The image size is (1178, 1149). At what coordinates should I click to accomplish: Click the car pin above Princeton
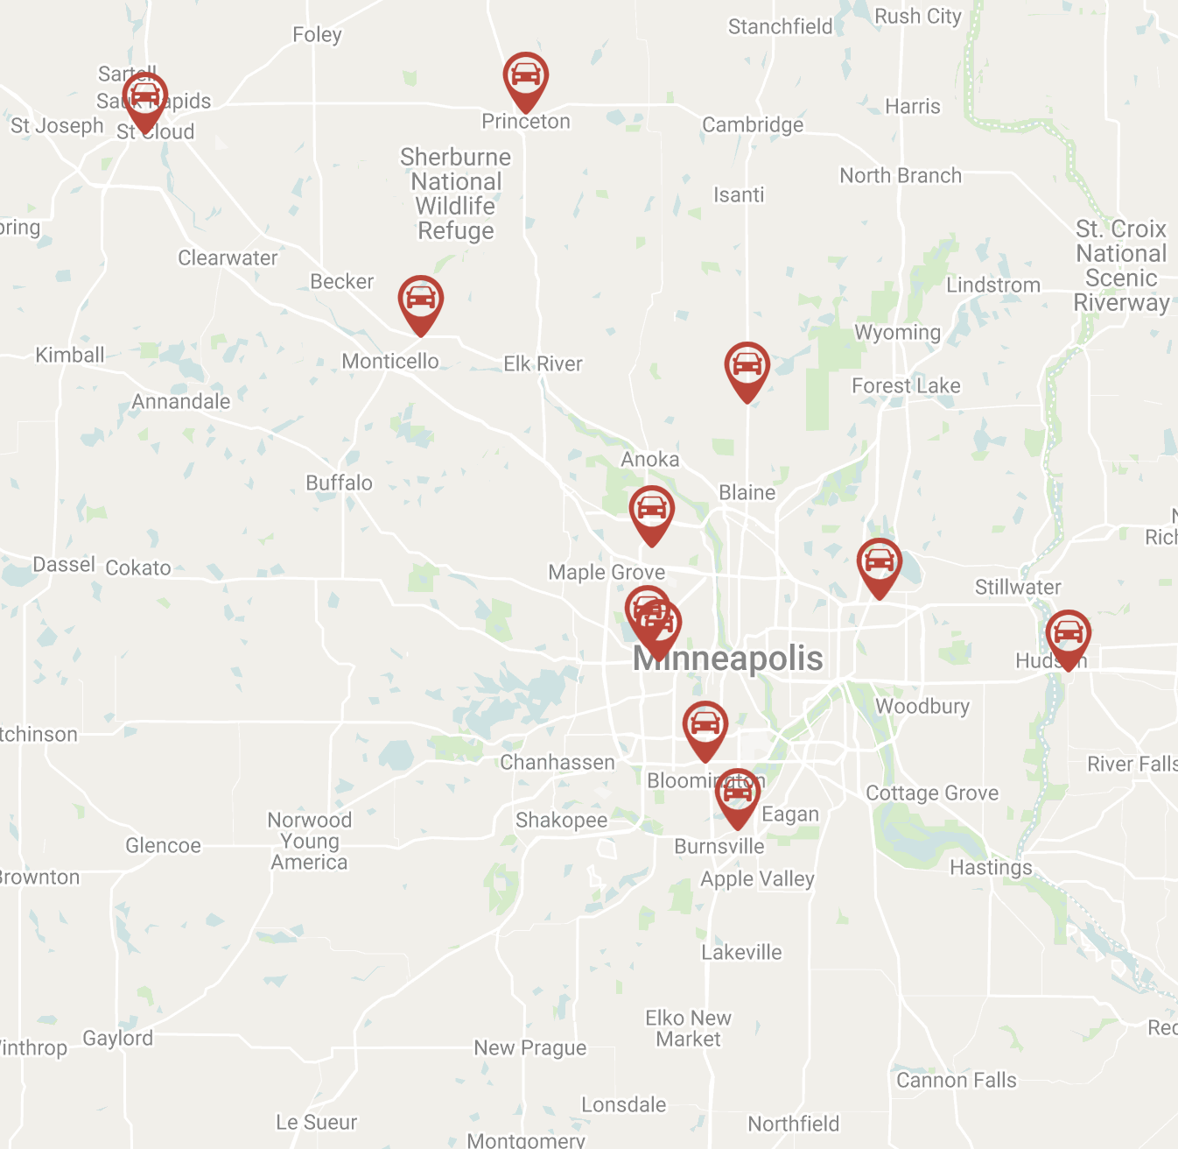pos(525,76)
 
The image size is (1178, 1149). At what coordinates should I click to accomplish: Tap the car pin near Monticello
pos(420,300)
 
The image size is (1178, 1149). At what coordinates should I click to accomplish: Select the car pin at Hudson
pos(1068,634)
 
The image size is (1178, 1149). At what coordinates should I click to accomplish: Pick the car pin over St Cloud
pos(144,96)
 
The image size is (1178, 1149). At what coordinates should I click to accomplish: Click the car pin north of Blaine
pos(747,366)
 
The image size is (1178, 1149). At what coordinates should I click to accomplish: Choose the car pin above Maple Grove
pos(651,510)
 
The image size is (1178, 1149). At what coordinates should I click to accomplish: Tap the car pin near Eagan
pos(737,793)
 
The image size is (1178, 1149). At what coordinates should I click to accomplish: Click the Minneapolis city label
pos(728,659)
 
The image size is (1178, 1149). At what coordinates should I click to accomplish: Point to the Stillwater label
pos(1018,587)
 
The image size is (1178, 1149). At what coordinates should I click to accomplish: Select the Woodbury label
pos(922,706)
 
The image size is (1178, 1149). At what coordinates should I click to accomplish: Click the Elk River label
pos(543,363)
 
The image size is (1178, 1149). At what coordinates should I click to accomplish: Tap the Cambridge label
pos(753,124)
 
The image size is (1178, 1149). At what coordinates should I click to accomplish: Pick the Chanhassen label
pos(557,762)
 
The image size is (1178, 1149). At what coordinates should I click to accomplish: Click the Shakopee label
pos(561,820)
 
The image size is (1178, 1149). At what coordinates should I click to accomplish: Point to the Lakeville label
pos(741,952)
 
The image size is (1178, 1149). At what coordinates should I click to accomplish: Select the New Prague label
pos(530,1047)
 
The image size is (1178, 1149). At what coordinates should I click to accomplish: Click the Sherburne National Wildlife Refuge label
pos(456,194)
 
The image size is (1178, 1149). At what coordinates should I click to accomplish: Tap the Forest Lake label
pos(906,385)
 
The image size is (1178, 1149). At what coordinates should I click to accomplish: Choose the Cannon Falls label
pos(957,1080)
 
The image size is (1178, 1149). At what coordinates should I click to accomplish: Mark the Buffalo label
pos(339,483)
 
